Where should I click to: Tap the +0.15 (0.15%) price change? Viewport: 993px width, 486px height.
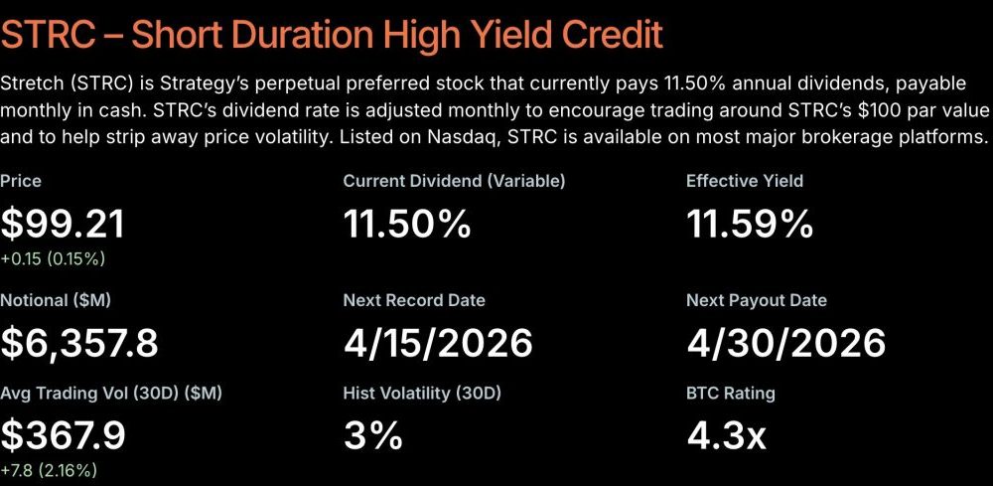[53, 259]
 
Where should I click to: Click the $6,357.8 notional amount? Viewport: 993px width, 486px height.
[79, 342]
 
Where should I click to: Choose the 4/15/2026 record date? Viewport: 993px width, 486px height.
[438, 342]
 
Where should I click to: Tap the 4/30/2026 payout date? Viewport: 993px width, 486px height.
[785, 342]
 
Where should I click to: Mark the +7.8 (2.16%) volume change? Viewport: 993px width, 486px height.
[49, 469]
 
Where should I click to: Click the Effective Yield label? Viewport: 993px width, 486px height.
[745, 181]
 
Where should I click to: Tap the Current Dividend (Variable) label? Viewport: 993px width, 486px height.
[454, 181]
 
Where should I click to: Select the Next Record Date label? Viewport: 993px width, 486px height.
[414, 300]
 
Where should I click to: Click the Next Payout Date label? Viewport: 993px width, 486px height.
[757, 300]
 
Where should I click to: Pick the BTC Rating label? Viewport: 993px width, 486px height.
[731, 393]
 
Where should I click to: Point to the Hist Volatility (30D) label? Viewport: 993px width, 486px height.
[422, 393]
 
